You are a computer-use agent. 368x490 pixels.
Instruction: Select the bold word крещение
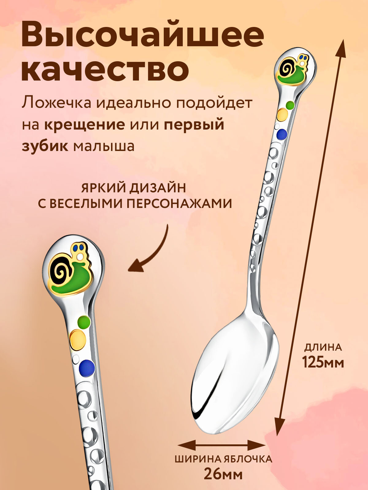[84, 125]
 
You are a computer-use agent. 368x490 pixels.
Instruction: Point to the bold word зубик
[45, 146]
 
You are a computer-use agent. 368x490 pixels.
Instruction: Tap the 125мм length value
[323, 363]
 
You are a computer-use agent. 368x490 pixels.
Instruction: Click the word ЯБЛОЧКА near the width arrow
[247, 459]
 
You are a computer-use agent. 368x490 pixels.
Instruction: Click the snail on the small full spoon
[293, 69]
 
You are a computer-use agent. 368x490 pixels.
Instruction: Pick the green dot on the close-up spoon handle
[84, 321]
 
